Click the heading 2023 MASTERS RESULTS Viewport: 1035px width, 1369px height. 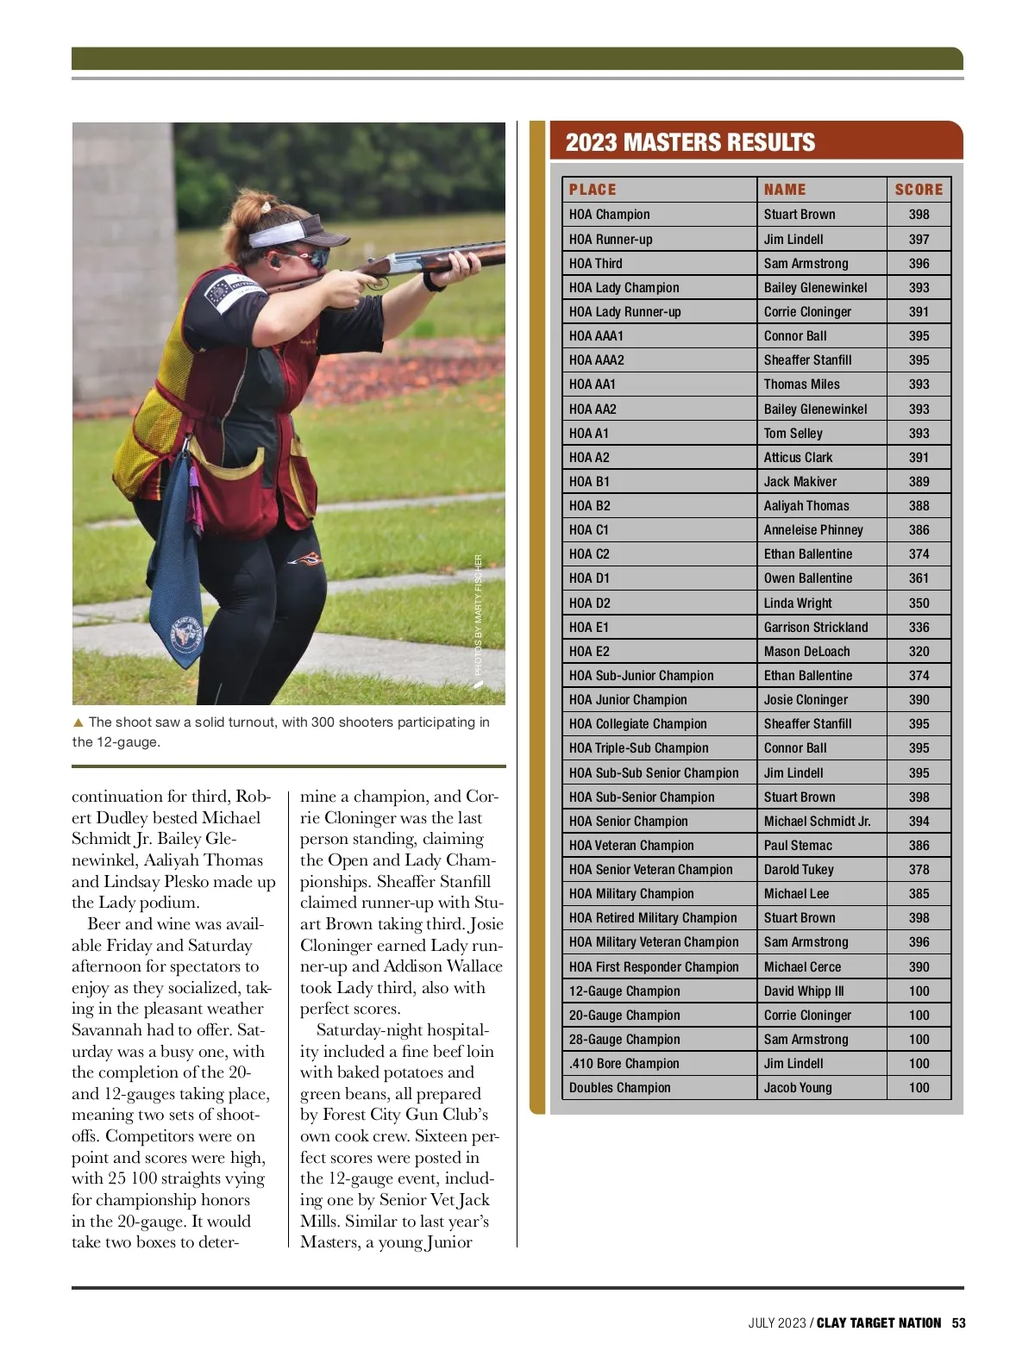pyautogui.click(x=690, y=142)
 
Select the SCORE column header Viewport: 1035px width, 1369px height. pyautogui.click(x=919, y=190)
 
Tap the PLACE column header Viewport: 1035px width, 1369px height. pyautogui.click(x=593, y=190)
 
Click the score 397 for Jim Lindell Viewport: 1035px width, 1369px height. pyautogui.click(x=919, y=239)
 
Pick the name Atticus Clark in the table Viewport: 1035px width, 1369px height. pyautogui.click(x=798, y=458)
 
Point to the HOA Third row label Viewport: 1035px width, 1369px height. pyautogui.click(x=595, y=264)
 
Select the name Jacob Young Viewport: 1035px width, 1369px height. pyautogui.click(x=798, y=1088)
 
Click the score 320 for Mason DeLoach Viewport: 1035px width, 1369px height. pyautogui.click(x=919, y=652)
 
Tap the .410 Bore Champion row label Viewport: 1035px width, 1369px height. pyautogui.click(x=624, y=1064)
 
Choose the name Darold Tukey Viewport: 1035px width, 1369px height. pyautogui.click(x=799, y=870)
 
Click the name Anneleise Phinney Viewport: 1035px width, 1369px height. pyautogui.click(x=813, y=530)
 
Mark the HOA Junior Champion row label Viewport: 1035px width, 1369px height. pyautogui.click(x=628, y=700)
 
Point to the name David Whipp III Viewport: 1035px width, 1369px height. pyautogui.click(x=804, y=991)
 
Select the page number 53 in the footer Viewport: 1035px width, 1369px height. pyautogui.click(x=958, y=1322)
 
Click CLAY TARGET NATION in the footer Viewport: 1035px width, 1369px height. pyautogui.click(x=878, y=1322)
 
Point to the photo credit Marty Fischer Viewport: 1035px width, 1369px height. pyautogui.click(x=479, y=614)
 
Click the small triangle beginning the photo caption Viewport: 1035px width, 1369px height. pyautogui.click(x=78, y=722)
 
